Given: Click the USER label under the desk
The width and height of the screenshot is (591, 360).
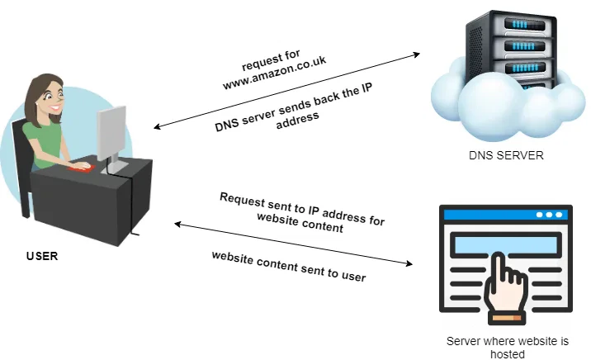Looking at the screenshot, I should tap(41, 256).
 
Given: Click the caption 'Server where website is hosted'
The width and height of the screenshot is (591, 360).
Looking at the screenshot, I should tap(508, 348).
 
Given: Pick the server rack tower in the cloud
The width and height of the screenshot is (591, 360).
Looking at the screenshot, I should tap(505, 54).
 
